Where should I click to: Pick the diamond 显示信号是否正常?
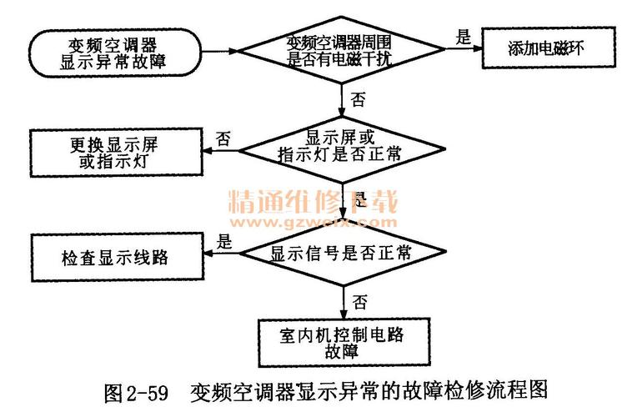click(343, 253)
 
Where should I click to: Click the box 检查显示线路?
click(113, 256)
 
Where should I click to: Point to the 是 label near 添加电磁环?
click(464, 36)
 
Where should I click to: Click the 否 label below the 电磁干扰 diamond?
click(358, 101)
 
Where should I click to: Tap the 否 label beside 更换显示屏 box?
click(223, 138)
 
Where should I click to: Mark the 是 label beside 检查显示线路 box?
click(223, 242)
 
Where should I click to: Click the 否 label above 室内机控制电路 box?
click(359, 299)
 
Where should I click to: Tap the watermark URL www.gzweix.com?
click(313, 224)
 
